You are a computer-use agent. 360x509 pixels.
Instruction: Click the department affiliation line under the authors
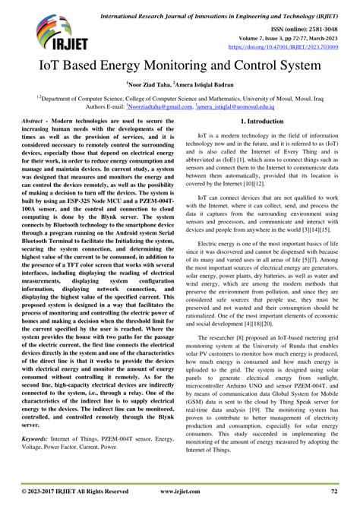point(180,98)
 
